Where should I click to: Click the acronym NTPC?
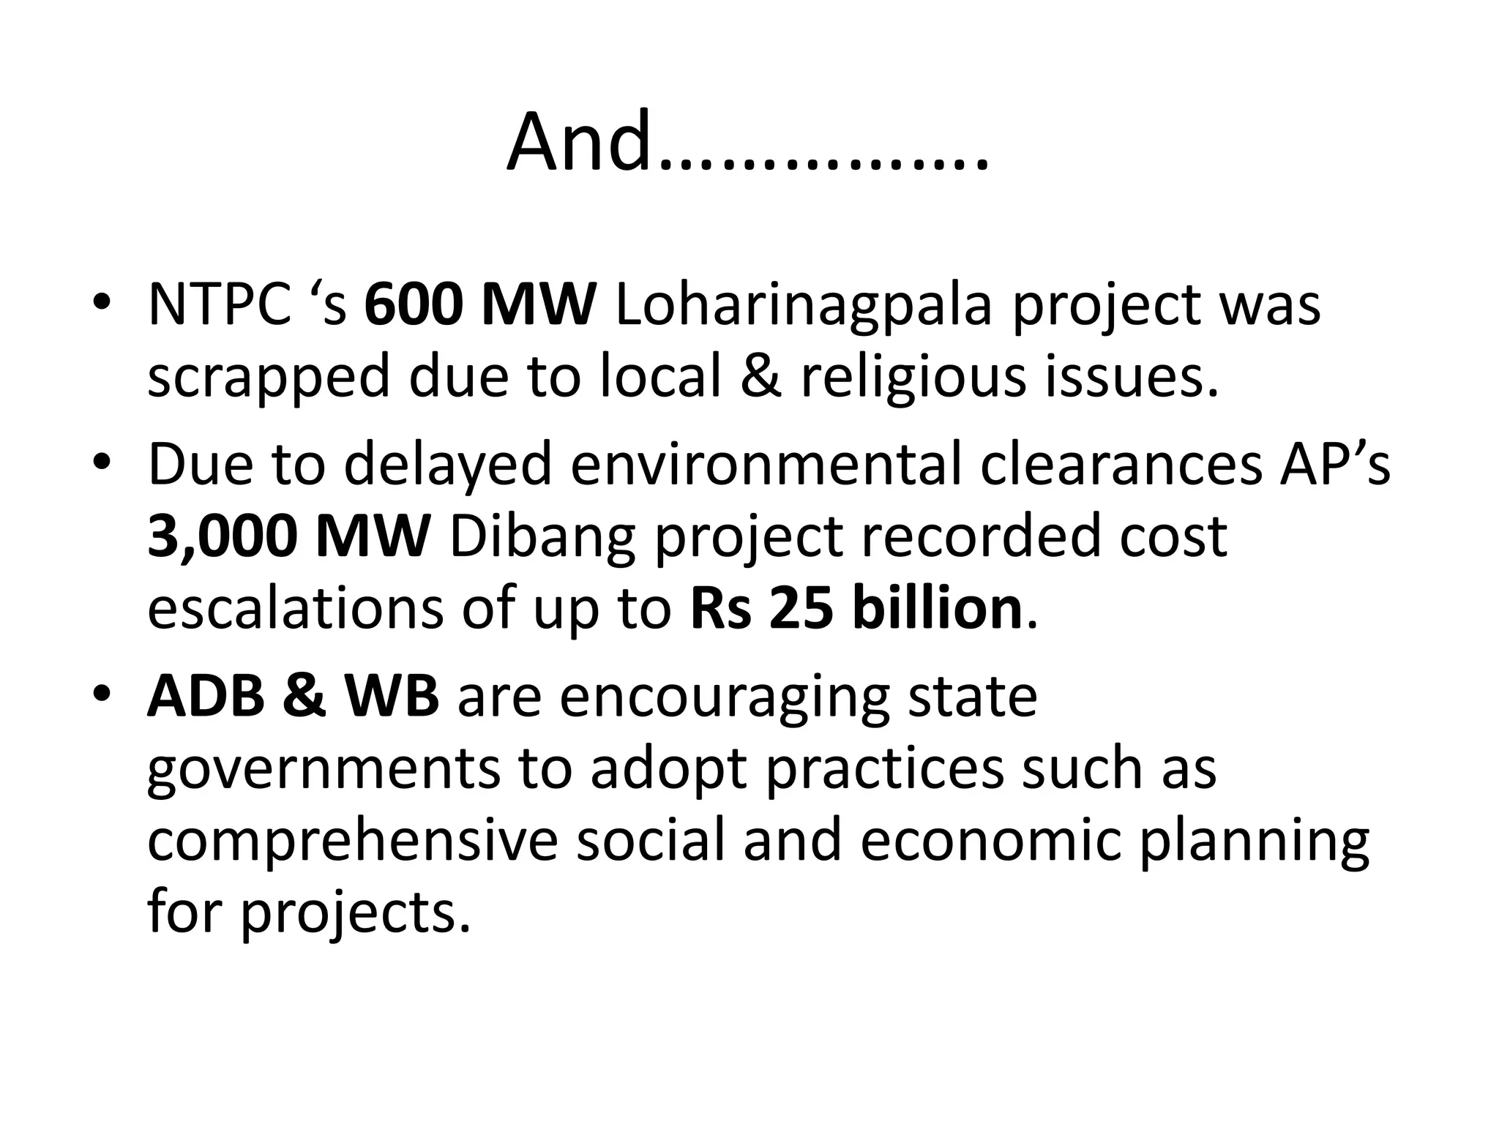[219, 304]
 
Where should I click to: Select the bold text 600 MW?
[480, 304]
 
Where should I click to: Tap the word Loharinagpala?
[803, 304]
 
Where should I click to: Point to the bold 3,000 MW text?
[288, 536]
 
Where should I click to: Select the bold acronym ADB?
[206, 696]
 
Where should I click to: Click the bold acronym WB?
[392, 696]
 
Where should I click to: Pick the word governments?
[324, 770]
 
